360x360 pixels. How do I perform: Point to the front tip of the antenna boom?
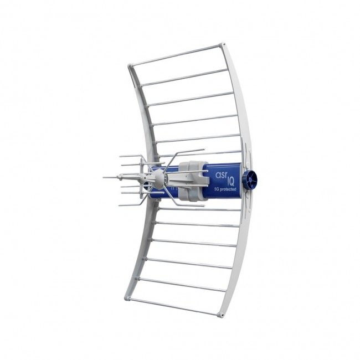coord(105,177)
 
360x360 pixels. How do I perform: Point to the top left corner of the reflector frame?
coord(131,66)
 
